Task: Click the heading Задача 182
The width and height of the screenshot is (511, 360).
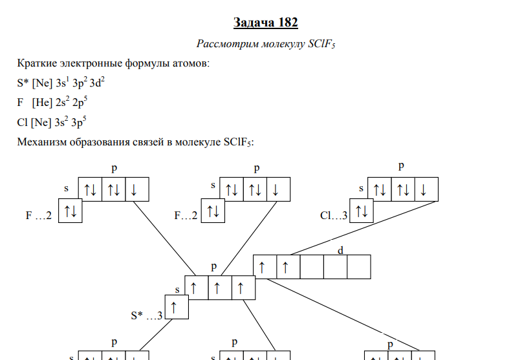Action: pos(266,23)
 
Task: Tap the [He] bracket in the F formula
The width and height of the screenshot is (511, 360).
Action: pos(42,103)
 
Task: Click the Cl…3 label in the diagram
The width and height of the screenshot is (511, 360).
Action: pos(334,215)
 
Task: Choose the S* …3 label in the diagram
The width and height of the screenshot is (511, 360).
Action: pos(146,315)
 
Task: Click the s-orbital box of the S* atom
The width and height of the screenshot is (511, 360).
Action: pos(177,307)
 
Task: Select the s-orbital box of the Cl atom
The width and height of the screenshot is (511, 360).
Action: pos(362,211)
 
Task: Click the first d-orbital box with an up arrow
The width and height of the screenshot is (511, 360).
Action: pos(265,267)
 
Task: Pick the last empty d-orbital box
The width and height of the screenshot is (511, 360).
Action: pos(359,267)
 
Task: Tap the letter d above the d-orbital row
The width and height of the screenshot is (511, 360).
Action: pos(340,250)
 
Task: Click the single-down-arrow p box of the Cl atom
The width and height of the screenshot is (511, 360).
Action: pos(427,189)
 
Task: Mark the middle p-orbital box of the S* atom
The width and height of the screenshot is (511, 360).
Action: pos(220,288)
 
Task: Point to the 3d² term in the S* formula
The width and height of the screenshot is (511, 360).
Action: pos(97,83)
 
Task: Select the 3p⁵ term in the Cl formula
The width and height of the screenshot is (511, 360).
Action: pos(79,122)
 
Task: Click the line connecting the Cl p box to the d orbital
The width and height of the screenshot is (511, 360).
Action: pos(364,228)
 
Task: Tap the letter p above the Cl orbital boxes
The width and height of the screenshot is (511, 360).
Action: pos(401,166)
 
